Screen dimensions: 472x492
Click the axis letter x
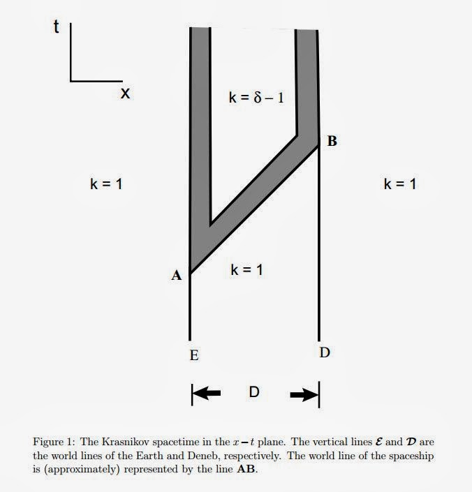125,93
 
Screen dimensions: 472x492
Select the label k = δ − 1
256,98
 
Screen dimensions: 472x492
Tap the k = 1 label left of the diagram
107,184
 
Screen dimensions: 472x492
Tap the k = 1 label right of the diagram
400,184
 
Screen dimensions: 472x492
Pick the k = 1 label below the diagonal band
246,269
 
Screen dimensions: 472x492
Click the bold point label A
177,276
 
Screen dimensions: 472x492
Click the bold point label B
332,142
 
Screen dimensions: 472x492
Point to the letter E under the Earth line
193,355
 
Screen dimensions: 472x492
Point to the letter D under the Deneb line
325,352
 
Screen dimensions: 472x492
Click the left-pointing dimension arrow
207,394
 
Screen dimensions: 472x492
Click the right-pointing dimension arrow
302,394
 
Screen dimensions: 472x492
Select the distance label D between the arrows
254,393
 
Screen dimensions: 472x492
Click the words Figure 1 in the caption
53,442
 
